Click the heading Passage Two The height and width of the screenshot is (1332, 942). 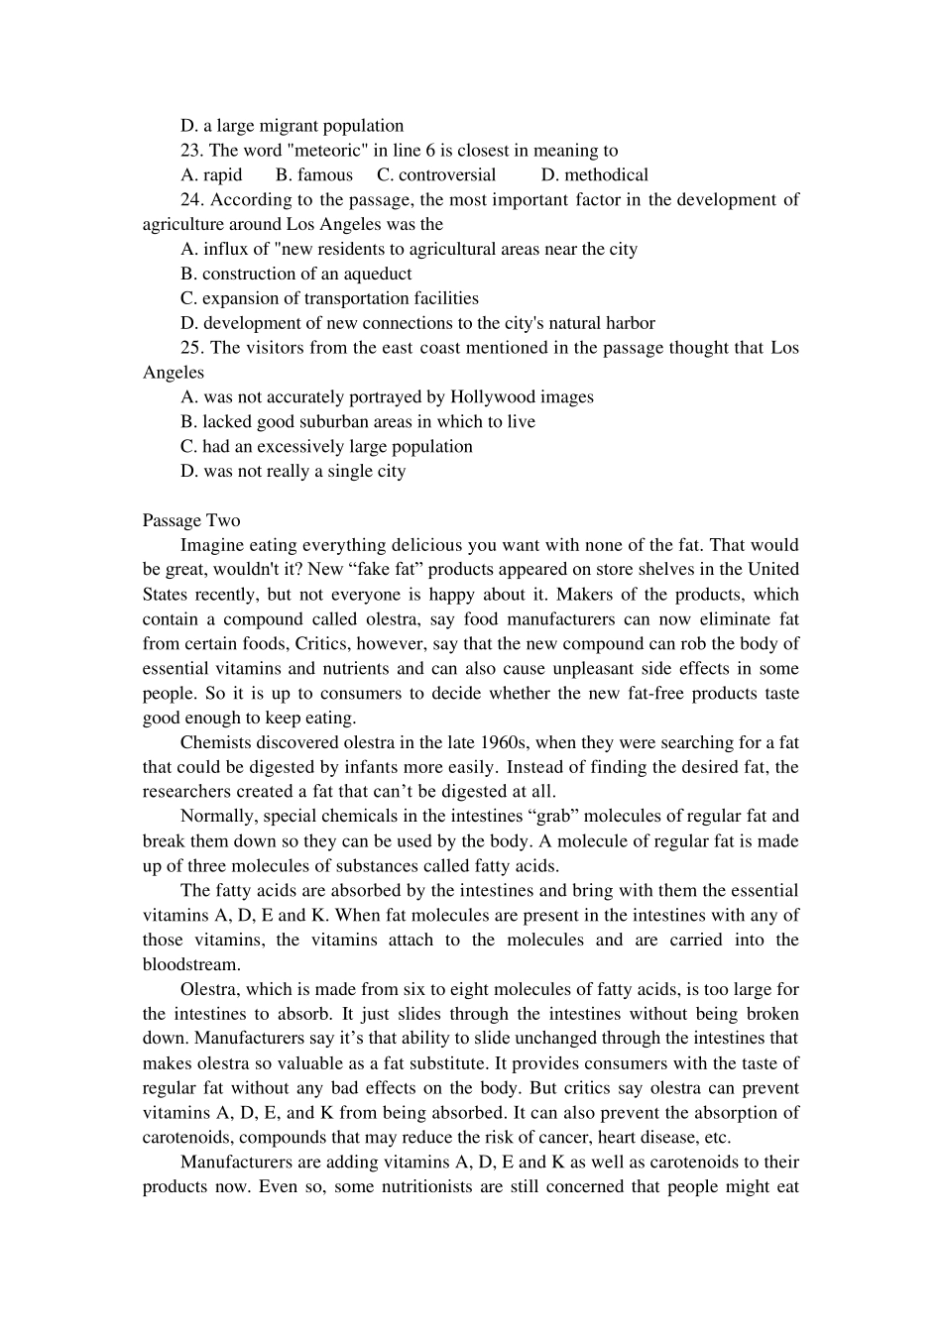pos(191,520)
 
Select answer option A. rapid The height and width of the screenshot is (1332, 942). pos(211,175)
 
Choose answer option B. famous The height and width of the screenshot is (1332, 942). pos(313,175)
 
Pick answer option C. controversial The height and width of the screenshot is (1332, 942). pos(436,175)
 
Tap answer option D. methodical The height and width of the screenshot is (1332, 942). pos(595,175)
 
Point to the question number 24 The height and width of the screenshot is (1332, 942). pos(192,200)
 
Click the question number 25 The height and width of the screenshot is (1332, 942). pos(192,348)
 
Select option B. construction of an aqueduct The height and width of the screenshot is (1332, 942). pos(295,274)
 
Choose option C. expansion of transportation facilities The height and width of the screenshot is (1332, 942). pos(329,298)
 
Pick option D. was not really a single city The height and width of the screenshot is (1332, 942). pos(293,472)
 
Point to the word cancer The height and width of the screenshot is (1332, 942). pos(565,1138)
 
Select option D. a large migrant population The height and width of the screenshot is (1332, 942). pos(292,126)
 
